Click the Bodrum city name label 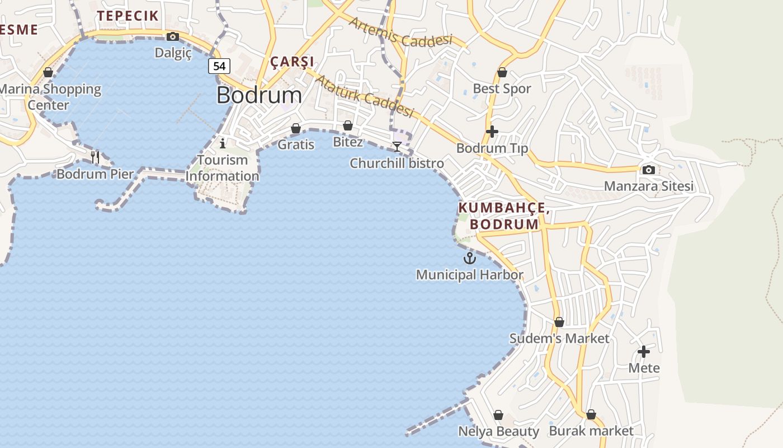coord(259,95)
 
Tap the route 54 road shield coord(219,66)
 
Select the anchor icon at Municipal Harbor coord(470,258)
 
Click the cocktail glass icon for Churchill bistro coord(397,147)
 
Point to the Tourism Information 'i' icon coord(223,143)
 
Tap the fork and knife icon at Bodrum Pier coord(95,157)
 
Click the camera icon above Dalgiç coord(173,37)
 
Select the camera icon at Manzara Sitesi coord(649,170)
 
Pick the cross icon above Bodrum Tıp coord(492,132)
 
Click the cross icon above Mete coord(644,352)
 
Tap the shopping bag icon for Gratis coord(296,129)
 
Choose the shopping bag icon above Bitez coord(348,125)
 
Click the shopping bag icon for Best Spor coord(502,72)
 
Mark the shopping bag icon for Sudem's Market coord(559,322)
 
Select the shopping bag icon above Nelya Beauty coord(498,415)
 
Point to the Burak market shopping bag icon coord(591,414)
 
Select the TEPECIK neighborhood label coord(128,16)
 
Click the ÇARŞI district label coord(293,62)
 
